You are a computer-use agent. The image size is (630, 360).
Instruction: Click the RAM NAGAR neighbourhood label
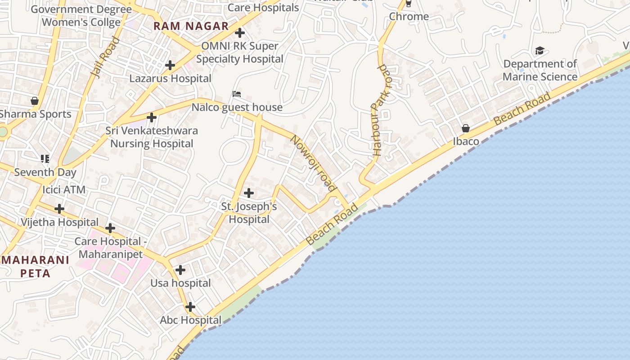191,26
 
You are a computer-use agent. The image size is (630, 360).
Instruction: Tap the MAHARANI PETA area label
35,266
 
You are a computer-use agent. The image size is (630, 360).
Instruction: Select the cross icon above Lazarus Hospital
170,65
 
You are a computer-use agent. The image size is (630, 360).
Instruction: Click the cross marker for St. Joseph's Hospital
248,193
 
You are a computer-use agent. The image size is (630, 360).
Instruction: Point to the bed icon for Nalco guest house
237,94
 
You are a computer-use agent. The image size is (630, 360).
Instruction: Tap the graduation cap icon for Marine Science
539,50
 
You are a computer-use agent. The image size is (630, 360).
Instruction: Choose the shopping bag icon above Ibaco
466,128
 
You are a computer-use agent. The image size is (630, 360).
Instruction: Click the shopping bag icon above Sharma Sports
35,100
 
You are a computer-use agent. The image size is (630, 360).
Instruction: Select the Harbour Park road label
380,110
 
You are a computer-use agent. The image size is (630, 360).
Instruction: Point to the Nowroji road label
314,163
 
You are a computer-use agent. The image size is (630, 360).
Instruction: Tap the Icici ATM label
64,189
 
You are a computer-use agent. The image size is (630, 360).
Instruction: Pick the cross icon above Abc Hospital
190,307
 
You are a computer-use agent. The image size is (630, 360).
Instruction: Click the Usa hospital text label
180,283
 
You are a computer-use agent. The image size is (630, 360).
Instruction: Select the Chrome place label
409,17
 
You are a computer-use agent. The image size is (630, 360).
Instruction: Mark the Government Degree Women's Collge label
81,16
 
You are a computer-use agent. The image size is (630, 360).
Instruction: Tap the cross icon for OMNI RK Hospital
240,33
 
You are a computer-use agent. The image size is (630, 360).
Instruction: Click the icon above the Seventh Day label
45,158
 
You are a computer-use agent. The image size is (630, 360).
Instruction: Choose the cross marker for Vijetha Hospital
59,209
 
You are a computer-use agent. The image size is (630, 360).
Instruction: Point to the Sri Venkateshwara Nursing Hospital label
152,137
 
